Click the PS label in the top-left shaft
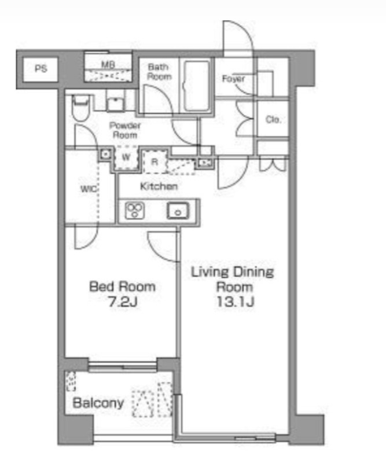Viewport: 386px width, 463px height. tap(41, 69)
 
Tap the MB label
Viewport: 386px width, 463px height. tap(108, 64)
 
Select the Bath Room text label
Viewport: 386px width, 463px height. tap(159, 72)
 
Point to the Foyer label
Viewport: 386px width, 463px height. tap(233, 79)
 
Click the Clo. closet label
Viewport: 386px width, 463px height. tap(273, 120)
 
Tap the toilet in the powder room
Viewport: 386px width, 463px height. tap(80, 108)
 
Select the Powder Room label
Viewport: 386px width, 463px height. tap(125, 130)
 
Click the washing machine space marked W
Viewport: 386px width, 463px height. tap(126, 157)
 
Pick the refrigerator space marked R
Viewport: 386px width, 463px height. tap(155, 161)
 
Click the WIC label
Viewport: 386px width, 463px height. tap(89, 189)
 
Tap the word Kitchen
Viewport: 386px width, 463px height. tap(159, 186)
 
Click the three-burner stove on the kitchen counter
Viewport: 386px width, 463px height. tap(135, 211)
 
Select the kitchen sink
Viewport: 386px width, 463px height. tap(178, 211)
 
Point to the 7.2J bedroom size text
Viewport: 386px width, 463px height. tap(123, 302)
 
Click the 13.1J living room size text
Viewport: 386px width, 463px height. tap(235, 302)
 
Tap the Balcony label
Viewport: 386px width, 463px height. tap(98, 403)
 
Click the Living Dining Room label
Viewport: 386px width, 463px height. tap(233, 279)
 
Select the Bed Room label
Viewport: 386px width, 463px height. tap(122, 286)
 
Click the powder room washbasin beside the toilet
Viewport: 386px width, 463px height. tap(115, 104)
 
